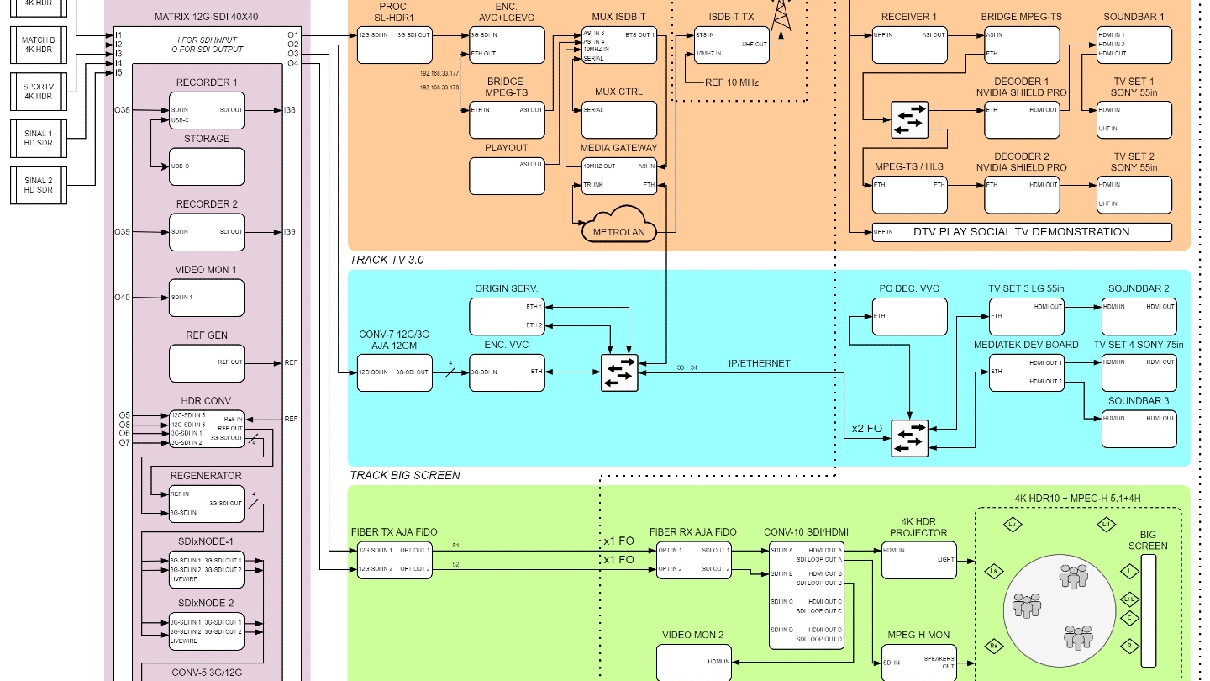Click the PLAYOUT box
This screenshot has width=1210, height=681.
506,175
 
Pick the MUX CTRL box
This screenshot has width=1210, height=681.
618,119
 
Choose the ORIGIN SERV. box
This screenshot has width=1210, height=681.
506,315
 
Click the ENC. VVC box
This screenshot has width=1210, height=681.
506,372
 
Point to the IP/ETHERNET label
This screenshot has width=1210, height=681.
758,363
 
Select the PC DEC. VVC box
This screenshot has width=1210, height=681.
909,315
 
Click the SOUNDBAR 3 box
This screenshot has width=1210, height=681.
1139,428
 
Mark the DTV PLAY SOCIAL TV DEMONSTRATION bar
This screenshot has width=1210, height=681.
1021,232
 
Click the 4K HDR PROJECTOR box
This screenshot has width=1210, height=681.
918,559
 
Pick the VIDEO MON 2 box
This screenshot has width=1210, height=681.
693,662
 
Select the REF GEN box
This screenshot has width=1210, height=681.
207,363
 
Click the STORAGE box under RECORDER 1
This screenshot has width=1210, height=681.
207,166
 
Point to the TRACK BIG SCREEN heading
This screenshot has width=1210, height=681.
405,475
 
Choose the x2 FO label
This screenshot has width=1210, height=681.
866,429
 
